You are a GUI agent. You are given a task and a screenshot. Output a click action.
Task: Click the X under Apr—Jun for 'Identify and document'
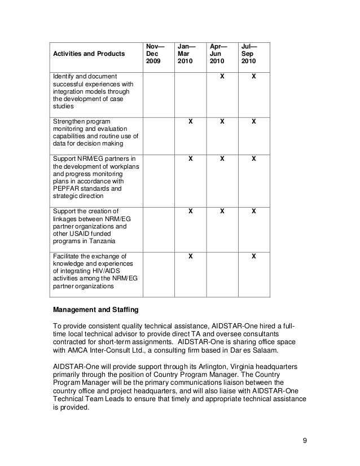[x=222, y=76]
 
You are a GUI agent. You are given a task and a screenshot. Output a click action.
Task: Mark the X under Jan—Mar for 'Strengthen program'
[x=190, y=121]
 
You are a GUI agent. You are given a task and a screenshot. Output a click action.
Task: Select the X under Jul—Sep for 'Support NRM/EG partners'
[x=254, y=159]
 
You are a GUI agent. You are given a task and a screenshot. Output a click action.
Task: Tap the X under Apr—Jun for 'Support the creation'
[x=222, y=212]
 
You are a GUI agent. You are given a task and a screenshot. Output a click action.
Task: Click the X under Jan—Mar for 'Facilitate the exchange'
[x=190, y=256]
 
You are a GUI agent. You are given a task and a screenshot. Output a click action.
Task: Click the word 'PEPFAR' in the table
[x=66, y=189]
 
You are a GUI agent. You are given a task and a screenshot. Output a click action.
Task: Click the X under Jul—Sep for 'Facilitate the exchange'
[x=254, y=256]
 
